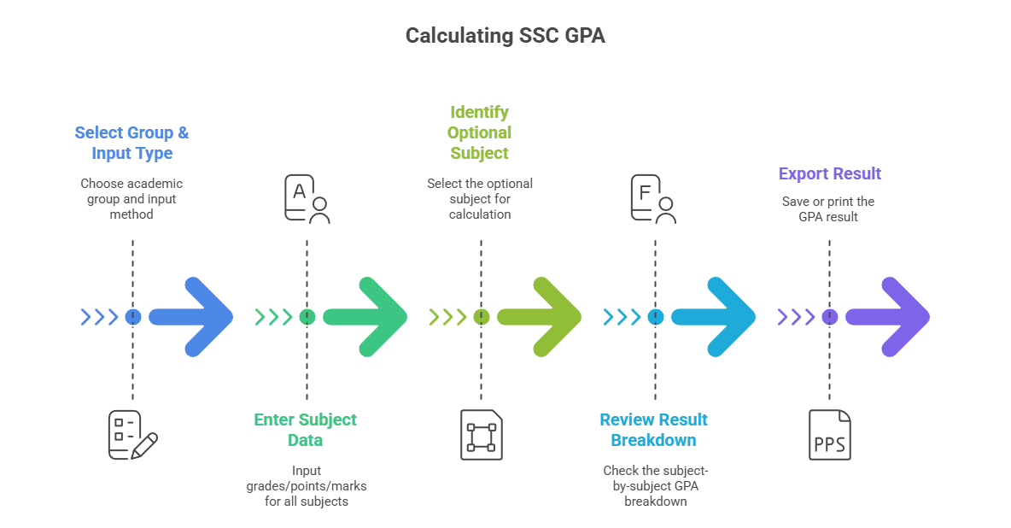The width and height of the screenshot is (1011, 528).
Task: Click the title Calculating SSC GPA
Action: click(505, 36)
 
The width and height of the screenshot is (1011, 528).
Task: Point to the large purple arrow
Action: click(891, 317)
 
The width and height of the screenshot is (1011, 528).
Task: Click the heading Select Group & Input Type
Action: click(132, 143)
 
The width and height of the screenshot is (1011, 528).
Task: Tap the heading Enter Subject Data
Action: click(306, 430)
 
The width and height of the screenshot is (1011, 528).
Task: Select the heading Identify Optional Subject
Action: click(480, 132)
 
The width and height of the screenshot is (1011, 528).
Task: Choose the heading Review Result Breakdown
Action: click(654, 430)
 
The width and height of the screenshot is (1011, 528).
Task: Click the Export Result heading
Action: click(829, 173)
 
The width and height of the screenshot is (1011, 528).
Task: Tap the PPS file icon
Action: click(830, 435)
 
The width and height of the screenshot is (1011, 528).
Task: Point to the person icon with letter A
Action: click(307, 199)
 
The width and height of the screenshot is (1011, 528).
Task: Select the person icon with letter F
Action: click(653, 199)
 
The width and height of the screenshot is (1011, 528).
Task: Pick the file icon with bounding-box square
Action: click(481, 435)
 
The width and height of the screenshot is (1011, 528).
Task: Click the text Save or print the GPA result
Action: click(828, 209)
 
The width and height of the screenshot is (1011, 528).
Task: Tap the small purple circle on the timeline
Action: click(829, 317)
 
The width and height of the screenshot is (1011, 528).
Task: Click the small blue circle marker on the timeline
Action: click(132, 317)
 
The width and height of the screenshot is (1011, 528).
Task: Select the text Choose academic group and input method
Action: click(131, 199)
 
